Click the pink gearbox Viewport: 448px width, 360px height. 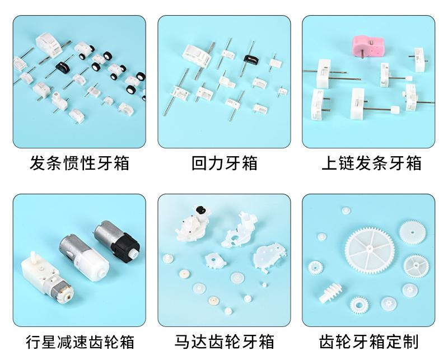pyautogui.click(x=368, y=47)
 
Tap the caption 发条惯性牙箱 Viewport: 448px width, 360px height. pyautogui.click(x=80, y=163)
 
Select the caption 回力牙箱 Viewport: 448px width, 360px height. pyautogui.click(x=225, y=163)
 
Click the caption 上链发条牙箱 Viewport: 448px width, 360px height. pyautogui.click(x=371, y=163)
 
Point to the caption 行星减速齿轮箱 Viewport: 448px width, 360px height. pyautogui.click(x=80, y=342)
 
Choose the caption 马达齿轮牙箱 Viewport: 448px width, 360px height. pyautogui.click(x=225, y=342)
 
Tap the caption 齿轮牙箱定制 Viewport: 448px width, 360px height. pyautogui.click(x=369, y=342)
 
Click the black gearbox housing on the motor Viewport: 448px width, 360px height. pyautogui.click(x=125, y=245)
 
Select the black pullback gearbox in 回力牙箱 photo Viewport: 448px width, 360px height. pyautogui.click(x=251, y=59)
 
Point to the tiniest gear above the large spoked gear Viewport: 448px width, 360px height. pyautogui.click(x=346, y=211)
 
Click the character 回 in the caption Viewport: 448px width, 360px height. pyautogui.click(x=199, y=163)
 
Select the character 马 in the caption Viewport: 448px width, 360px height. pyautogui.click(x=183, y=342)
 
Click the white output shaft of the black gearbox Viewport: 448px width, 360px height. pyautogui.click(x=133, y=253)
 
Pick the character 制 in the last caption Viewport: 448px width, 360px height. pyautogui.click(x=411, y=342)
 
